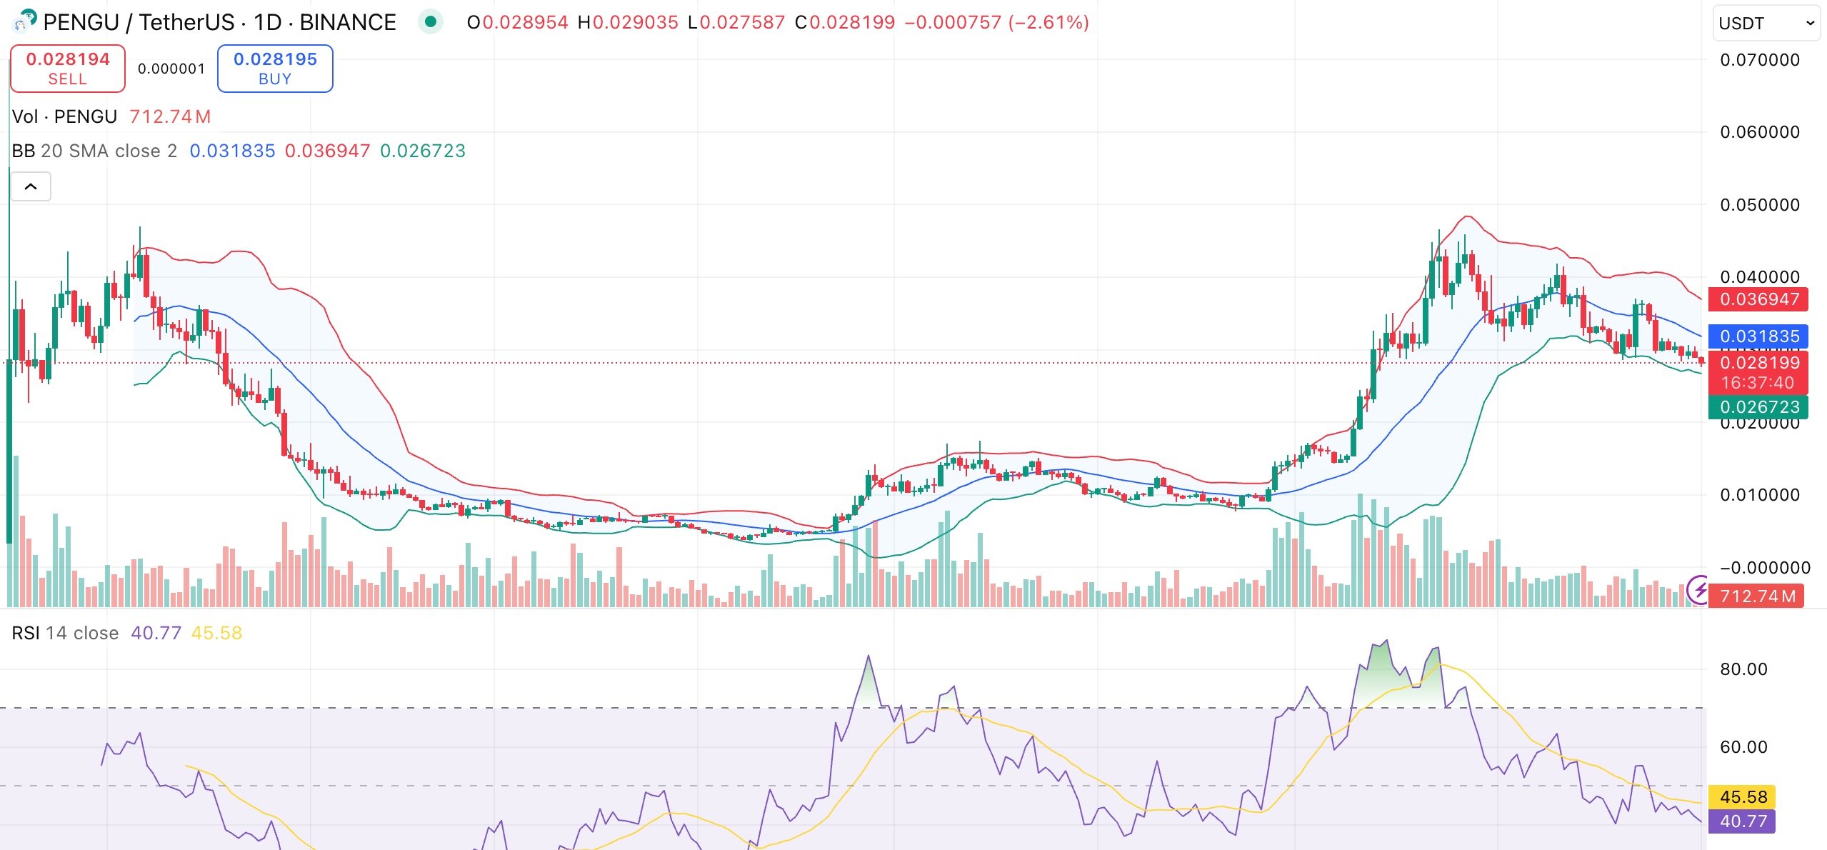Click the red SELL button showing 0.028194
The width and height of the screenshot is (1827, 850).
coord(68,69)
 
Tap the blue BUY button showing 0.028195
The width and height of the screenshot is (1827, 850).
coord(275,69)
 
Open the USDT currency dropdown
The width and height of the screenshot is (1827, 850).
coord(1765,24)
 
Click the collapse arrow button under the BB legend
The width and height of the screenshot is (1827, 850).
coord(31,187)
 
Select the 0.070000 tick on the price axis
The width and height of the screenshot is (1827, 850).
coord(1759,60)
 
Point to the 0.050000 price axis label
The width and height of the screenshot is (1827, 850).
coord(1759,205)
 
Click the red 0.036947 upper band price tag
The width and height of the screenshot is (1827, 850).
coord(1758,299)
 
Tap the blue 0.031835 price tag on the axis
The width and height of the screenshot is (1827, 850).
coord(1758,336)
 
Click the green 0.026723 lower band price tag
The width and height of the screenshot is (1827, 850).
coord(1758,407)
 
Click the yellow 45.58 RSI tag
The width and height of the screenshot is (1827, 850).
coord(1742,797)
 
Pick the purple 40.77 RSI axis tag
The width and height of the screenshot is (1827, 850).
coord(1742,821)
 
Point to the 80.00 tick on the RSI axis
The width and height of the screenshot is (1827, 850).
coord(1743,669)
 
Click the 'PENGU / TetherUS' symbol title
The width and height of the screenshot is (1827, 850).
coord(139,23)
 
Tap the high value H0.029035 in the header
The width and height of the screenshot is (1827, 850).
coord(627,23)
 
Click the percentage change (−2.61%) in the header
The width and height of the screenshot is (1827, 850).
coord(1048,23)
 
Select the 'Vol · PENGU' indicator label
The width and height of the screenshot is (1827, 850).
coord(64,116)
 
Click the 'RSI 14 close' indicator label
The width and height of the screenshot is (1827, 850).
coord(65,634)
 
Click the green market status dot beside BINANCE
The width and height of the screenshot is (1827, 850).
coord(431,22)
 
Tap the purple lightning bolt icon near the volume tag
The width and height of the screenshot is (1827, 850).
coord(1698,591)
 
